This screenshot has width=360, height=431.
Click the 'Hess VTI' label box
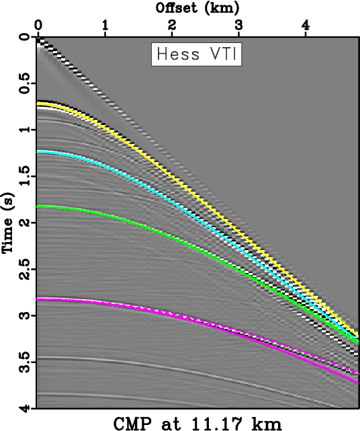pos(196,54)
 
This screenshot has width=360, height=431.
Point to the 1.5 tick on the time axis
pos(24,176)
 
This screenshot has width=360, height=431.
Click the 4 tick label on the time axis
pos(24,407)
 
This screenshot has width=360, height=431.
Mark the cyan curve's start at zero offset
pos(39,153)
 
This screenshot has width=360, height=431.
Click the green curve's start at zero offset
pos(39,207)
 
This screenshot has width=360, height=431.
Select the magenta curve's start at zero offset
pos(39,299)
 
